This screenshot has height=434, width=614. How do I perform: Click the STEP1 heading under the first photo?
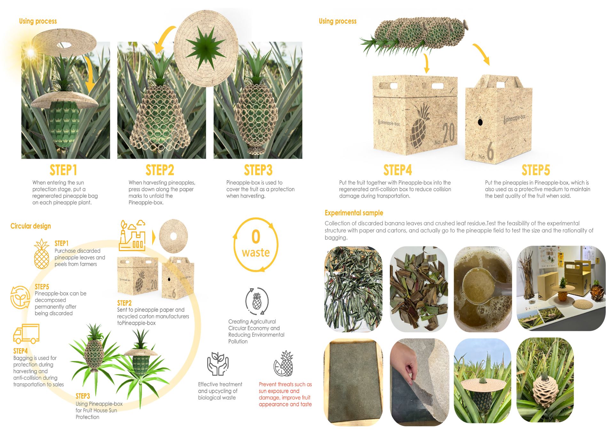(63, 170)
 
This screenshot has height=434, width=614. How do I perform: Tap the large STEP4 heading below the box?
(398, 170)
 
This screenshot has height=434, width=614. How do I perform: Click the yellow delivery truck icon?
(26, 334)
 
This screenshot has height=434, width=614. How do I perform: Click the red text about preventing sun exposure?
(285, 394)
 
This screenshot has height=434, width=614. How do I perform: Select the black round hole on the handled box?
(480, 122)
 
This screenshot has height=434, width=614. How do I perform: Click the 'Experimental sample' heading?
(354, 213)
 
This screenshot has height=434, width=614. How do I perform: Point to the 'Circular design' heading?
(31, 226)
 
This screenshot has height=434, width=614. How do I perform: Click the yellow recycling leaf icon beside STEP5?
(20, 298)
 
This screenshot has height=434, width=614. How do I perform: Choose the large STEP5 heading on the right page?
(536, 170)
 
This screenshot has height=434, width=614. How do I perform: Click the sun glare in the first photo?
(31, 51)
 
